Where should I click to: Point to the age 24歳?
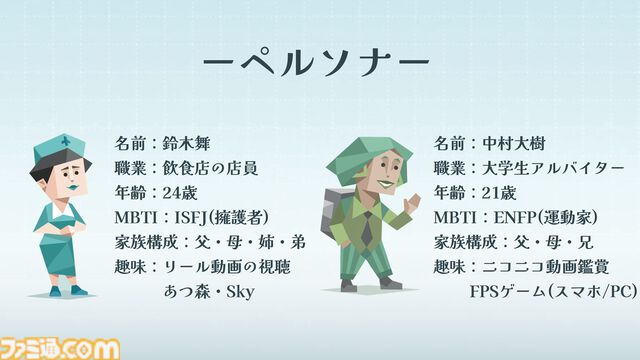[x=181, y=192]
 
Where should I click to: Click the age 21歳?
[x=499, y=192]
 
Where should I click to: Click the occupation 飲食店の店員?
[x=210, y=167]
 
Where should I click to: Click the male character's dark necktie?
[x=366, y=229]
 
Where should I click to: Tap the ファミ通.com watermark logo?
[x=60, y=347]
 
